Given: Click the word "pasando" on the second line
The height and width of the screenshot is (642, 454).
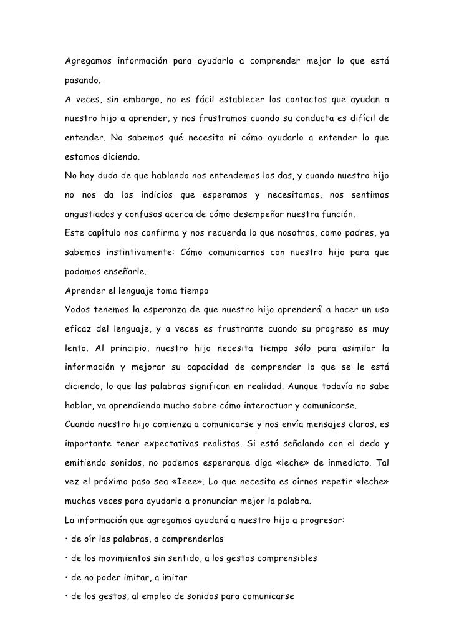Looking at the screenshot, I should click(82, 82).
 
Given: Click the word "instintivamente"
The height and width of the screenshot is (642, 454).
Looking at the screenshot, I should click(133, 254).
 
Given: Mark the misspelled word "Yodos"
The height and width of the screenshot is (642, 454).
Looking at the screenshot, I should click(79, 312).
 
